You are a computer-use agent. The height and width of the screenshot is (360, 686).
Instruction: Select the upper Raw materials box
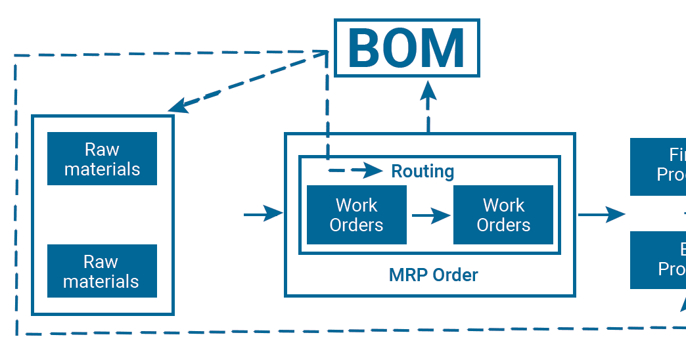[x=102, y=159]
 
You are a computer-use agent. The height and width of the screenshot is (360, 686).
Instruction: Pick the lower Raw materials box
[x=102, y=271]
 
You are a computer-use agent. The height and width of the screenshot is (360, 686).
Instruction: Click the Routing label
[x=423, y=171]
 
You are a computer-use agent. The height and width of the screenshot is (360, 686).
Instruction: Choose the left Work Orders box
[x=356, y=215]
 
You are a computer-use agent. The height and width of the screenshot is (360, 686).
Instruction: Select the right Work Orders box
[x=503, y=215]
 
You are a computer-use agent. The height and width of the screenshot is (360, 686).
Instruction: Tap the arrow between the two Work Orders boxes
[x=431, y=215]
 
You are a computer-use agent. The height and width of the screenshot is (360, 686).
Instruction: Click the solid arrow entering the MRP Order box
[x=263, y=214]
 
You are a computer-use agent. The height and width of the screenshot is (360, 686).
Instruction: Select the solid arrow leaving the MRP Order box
[x=601, y=214]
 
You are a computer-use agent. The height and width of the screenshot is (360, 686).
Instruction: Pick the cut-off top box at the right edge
[x=658, y=166]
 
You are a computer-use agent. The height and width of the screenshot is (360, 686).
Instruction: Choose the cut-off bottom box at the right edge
[x=658, y=260]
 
